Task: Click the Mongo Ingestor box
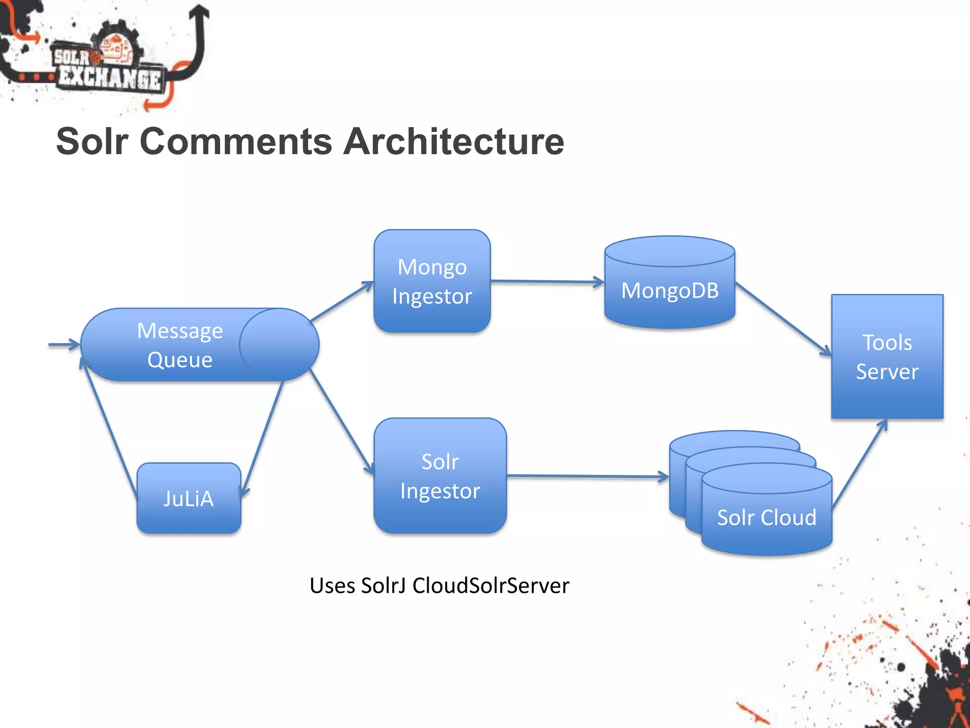431,281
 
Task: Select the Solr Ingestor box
440,476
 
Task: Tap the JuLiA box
189,498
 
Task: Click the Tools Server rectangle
887,356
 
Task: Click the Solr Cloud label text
766,517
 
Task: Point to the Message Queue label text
180,345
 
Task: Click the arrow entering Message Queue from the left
64,345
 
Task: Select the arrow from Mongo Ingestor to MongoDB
547,282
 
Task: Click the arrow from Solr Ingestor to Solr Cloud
587,476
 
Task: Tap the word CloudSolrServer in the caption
490,585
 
